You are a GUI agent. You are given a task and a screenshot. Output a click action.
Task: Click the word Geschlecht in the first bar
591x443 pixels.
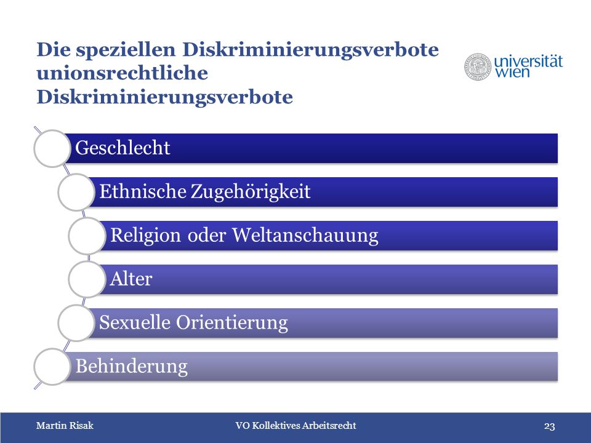point(123,148)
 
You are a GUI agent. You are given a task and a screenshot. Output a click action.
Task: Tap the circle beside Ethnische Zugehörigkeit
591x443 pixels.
point(76,192)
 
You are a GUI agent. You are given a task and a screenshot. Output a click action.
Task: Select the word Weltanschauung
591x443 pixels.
point(305,236)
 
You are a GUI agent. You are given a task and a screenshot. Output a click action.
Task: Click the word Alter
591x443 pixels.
point(131,279)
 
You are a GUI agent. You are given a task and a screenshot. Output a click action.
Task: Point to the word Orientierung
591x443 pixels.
point(232,323)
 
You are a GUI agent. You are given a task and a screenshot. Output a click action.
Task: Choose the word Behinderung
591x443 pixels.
point(132,366)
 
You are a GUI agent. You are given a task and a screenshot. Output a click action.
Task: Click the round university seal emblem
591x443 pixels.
point(478,66)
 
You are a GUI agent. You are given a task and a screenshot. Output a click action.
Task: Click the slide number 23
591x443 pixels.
point(550,426)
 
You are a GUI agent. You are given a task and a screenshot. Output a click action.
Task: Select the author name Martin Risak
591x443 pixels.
point(65,426)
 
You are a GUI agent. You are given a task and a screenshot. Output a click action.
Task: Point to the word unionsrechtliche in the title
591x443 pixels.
point(122,73)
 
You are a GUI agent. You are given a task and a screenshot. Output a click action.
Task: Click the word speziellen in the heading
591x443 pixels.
point(126,50)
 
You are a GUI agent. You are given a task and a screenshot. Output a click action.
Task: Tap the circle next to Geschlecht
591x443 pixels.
point(52,148)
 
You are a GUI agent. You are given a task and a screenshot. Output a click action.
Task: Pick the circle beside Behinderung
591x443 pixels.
point(52,367)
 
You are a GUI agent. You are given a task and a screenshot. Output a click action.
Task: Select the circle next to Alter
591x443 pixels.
point(87,279)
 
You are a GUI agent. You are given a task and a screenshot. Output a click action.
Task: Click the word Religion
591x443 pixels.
point(145,236)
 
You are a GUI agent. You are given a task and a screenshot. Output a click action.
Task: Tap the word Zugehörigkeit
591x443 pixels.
point(251,191)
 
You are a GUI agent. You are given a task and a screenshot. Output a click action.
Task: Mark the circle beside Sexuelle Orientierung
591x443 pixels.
point(76,323)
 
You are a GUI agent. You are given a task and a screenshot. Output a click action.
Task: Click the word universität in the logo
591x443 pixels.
point(528,61)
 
